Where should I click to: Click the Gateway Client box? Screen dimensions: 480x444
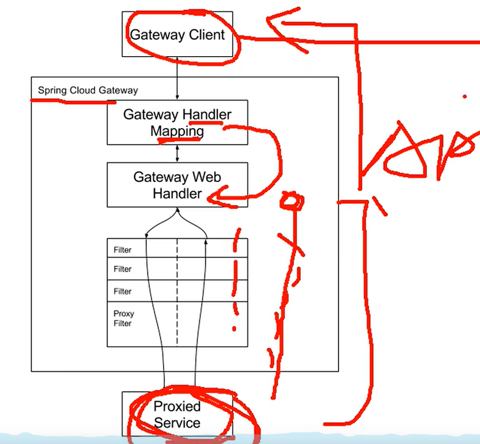177,35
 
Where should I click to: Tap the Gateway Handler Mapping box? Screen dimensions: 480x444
177,122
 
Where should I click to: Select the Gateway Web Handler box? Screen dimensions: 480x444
177,185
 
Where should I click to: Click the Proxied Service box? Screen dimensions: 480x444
177,415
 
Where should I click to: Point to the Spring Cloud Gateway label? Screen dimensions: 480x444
88,90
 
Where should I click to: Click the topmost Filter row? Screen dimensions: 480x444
123,250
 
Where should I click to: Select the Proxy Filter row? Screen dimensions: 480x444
123,318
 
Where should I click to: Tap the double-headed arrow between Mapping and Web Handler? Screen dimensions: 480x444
177,153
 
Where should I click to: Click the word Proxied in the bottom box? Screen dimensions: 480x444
177,407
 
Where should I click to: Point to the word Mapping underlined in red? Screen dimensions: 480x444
177,131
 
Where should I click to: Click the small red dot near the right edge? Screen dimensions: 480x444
465,97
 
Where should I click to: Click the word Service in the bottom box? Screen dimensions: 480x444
177,423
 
